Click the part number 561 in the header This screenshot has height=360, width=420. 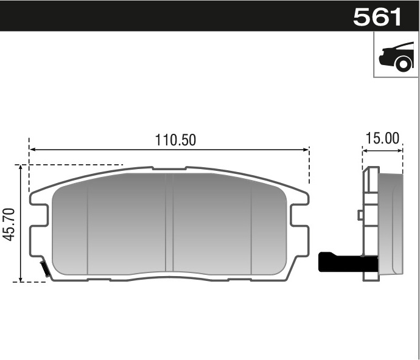(378, 16)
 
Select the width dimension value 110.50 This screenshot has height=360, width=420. (175, 140)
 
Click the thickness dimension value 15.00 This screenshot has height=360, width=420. (382, 138)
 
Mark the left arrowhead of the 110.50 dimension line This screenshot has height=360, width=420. (32, 149)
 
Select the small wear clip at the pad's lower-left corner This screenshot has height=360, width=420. (44, 268)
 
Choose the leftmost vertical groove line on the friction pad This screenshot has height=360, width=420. (88, 228)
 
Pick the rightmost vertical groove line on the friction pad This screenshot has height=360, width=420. (252, 228)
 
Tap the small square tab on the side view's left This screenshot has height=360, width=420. (360, 215)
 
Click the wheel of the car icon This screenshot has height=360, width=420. (404, 63)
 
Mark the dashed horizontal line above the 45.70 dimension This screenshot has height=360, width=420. (73, 165)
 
